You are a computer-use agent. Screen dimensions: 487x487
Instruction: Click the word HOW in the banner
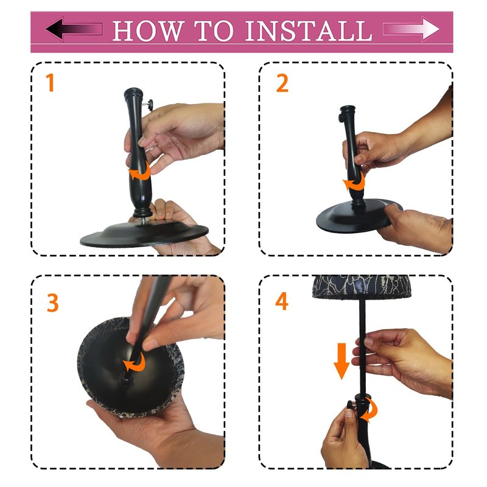coord(148,31)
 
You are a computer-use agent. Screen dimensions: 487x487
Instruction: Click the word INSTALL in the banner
coord(309,31)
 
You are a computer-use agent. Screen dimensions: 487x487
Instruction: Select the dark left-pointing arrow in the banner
coord(74,29)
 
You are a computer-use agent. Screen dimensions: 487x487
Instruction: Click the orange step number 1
coord(50,82)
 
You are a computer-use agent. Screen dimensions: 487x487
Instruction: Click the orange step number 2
coord(282,83)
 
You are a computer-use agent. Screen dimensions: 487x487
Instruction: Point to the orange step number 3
coord(52,303)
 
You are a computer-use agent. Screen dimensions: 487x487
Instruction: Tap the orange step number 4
coord(282,301)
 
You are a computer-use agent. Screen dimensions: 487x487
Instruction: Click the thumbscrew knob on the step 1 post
coord(150,105)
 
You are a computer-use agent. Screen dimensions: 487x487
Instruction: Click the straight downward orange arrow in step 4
coord(342,361)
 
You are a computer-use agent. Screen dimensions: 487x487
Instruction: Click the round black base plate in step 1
coord(144,234)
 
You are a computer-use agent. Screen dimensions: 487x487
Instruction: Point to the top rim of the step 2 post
coord(347,109)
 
